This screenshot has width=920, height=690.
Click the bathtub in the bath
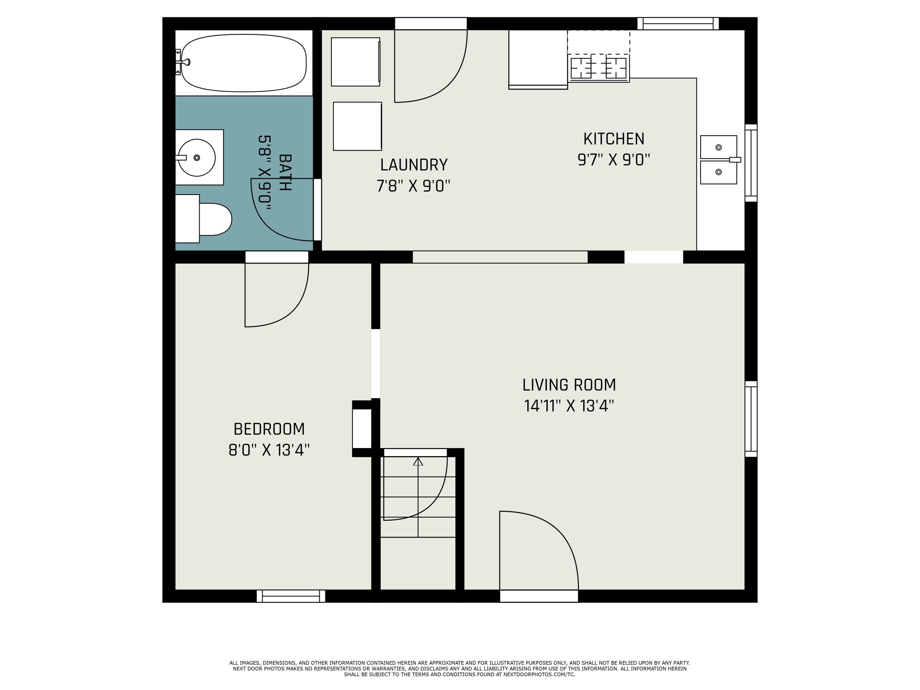click(244, 63)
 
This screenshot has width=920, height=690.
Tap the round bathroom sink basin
click(197, 157)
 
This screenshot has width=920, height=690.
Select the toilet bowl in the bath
click(215, 219)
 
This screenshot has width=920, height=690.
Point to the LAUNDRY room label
click(414, 165)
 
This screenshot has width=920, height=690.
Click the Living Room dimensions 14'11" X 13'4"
click(569, 406)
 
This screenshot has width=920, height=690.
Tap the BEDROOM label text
click(269, 429)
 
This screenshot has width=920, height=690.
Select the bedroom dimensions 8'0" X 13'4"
click(269, 450)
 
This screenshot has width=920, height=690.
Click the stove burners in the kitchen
click(599, 68)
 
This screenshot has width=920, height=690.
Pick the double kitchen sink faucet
click(734, 160)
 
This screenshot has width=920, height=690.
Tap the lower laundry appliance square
click(357, 126)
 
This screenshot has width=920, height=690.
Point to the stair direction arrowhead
click(418, 461)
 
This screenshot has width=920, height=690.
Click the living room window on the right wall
click(751, 419)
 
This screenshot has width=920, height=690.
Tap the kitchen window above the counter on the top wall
click(678, 24)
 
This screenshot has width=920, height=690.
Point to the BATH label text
click(285, 173)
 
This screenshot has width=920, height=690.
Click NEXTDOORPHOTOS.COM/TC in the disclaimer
click(539, 675)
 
